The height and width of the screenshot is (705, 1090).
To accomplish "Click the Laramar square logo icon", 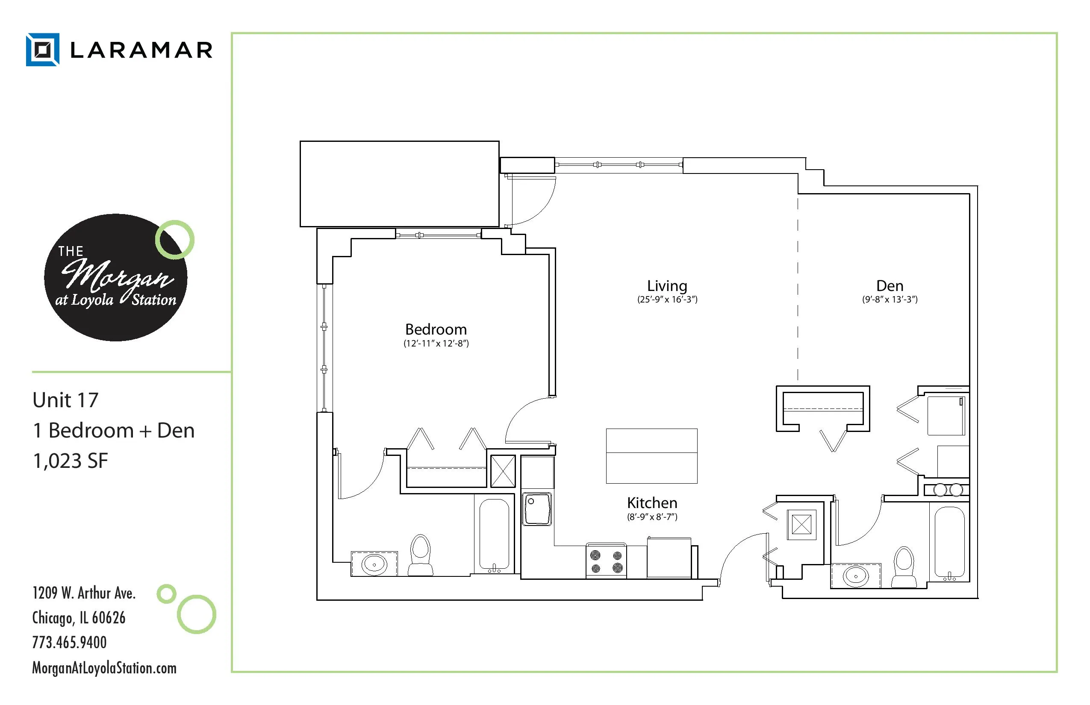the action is [x=43, y=50].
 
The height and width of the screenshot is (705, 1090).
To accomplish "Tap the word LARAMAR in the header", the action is [x=141, y=50].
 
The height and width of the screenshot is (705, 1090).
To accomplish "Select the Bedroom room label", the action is [x=436, y=329].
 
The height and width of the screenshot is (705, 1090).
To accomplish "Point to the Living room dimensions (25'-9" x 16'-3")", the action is [x=667, y=300].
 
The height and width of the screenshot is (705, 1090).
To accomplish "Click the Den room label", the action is [x=890, y=286].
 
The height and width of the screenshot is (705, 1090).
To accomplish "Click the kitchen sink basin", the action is [x=537, y=508].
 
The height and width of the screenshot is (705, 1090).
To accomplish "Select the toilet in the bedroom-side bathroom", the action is [x=421, y=555].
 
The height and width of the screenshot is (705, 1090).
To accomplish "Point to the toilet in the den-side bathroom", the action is [x=904, y=567].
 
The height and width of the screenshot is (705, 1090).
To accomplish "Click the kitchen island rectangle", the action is [x=652, y=456].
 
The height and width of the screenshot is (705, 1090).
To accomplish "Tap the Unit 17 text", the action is [x=65, y=400].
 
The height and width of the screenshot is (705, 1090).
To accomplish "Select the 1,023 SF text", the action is [x=70, y=461].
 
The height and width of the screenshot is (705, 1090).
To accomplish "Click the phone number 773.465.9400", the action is [x=69, y=642].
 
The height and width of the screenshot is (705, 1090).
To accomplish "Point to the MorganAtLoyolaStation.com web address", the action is [x=104, y=668].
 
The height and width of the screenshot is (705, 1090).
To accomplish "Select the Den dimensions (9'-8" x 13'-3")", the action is [x=890, y=300].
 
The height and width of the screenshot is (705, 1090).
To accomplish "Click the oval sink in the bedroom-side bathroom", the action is [x=374, y=564].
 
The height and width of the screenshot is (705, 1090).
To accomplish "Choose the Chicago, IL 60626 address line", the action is [x=79, y=618].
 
